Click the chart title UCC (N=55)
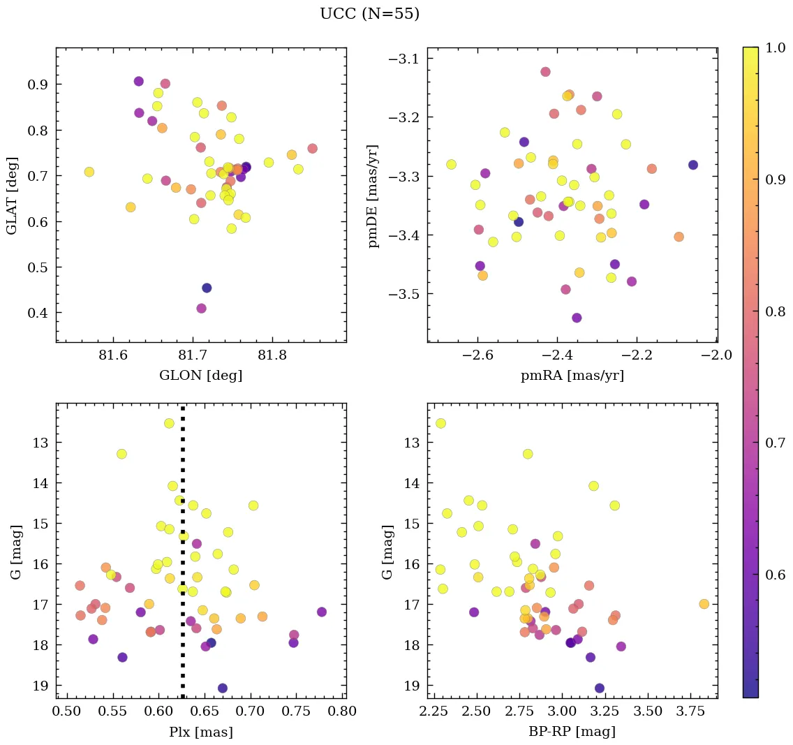369,14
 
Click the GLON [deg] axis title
201,376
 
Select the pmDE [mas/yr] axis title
374,195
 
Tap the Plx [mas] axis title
201,732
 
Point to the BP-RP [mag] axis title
572,732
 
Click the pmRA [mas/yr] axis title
572,376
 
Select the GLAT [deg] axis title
12,195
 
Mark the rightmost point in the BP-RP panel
704,604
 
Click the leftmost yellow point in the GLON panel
89,172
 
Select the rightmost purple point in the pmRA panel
692,165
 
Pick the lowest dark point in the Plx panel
222,688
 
